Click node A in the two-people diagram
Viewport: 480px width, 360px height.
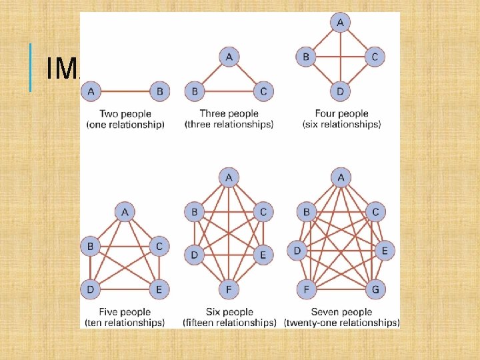[x=91, y=91]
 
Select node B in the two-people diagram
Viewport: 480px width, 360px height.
[x=159, y=91]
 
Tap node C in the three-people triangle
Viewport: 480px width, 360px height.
[x=264, y=91]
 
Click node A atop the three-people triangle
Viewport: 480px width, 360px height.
[x=229, y=57]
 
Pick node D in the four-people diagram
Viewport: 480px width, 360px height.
[x=340, y=91]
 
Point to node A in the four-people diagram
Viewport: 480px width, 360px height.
[x=340, y=23]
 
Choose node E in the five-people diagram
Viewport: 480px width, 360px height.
[x=159, y=289]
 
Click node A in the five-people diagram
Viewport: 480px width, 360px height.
[x=125, y=212]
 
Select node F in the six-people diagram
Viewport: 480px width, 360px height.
[x=229, y=289]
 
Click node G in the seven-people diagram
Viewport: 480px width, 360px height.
[x=375, y=289]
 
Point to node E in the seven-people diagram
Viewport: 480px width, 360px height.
[x=385, y=251]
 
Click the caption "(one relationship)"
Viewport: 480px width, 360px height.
[x=125, y=125]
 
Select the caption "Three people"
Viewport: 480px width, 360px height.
[x=229, y=114]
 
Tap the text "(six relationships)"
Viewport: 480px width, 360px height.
[x=341, y=125]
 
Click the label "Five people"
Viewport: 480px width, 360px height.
[x=125, y=312]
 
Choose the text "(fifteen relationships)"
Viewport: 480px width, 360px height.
[x=229, y=323]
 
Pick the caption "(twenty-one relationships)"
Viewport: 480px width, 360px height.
[x=341, y=323]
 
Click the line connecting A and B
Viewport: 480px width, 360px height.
[x=125, y=91]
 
